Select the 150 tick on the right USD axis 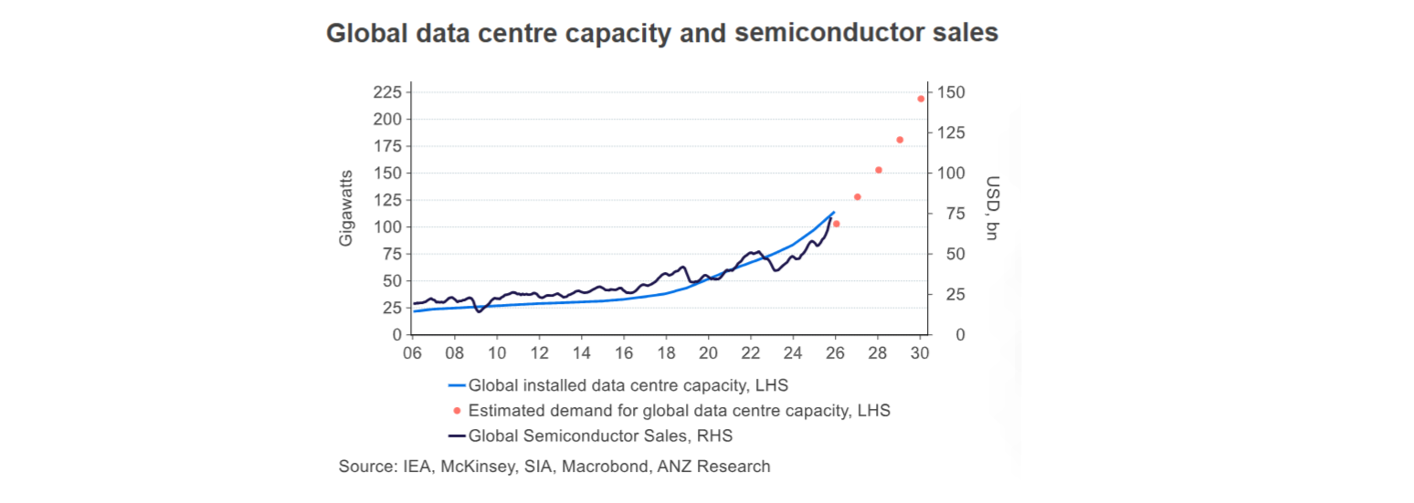pyautogui.click(x=953, y=92)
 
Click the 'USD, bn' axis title pyautogui.click(x=993, y=208)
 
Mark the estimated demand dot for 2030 pyautogui.click(x=921, y=99)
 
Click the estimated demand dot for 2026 pyautogui.click(x=836, y=224)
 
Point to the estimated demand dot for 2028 pyautogui.click(x=879, y=170)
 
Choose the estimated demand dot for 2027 pyautogui.click(x=858, y=197)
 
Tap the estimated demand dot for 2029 pyautogui.click(x=900, y=140)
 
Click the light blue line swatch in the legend pyautogui.click(x=457, y=386)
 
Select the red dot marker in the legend pyautogui.click(x=457, y=411)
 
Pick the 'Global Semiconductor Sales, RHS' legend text pyautogui.click(x=600, y=435)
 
